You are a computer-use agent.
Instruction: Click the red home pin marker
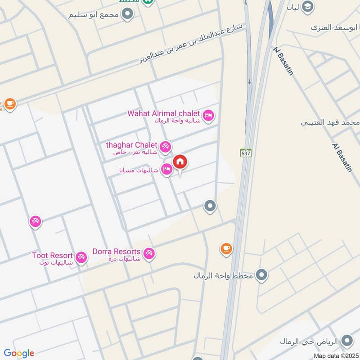180,162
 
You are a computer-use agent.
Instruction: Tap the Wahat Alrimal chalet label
164,113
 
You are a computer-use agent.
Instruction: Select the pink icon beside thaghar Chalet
165,146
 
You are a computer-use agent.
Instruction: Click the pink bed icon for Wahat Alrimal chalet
208,116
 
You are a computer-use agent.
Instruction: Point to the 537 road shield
245,153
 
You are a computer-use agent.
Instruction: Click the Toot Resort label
53,256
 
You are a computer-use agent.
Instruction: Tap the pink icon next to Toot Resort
81,257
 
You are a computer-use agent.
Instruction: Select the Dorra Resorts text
117,252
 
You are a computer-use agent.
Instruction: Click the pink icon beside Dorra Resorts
149,253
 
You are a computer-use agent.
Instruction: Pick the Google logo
19,353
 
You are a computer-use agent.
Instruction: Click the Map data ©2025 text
335,355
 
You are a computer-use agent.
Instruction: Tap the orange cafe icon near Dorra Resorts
226,248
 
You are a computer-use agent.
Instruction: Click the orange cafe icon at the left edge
9,104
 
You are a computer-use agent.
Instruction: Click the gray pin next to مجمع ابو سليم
128,14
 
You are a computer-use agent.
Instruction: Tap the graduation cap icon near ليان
308,6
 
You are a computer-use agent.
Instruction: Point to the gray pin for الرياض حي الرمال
346,340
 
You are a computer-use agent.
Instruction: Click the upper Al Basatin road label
283,60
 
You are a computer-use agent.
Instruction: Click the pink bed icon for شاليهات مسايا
167,170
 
